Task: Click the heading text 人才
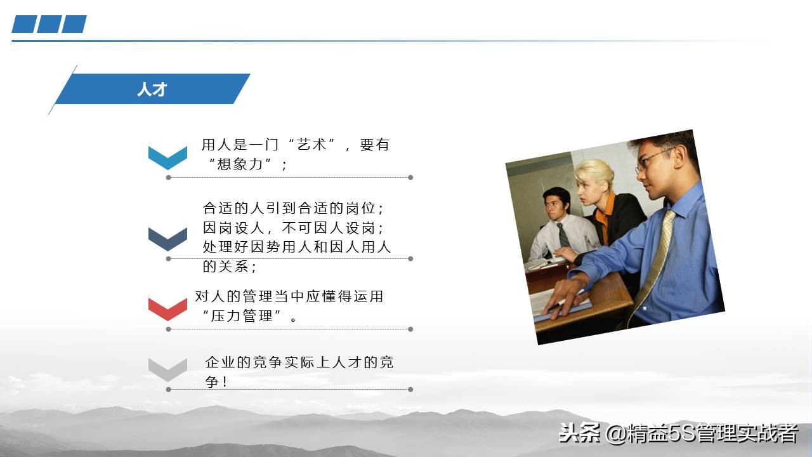(x=152, y=89)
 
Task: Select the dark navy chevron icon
(x=167, y=238)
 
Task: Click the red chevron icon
(x=167, y=308)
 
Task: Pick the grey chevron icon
(x=167, y=369)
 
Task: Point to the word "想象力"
(x=240, y=164)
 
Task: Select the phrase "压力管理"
(x=243, y=316)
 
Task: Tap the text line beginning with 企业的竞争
(x=299, y=362)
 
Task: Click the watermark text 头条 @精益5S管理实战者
(x=678, y=434)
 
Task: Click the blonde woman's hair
(x=595, y=171)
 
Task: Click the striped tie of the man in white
(x=563, y=235)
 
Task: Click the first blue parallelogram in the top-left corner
(x=24, y=24)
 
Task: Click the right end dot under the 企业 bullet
(x=410, y=389)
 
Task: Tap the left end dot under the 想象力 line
(x=168, y=178)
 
